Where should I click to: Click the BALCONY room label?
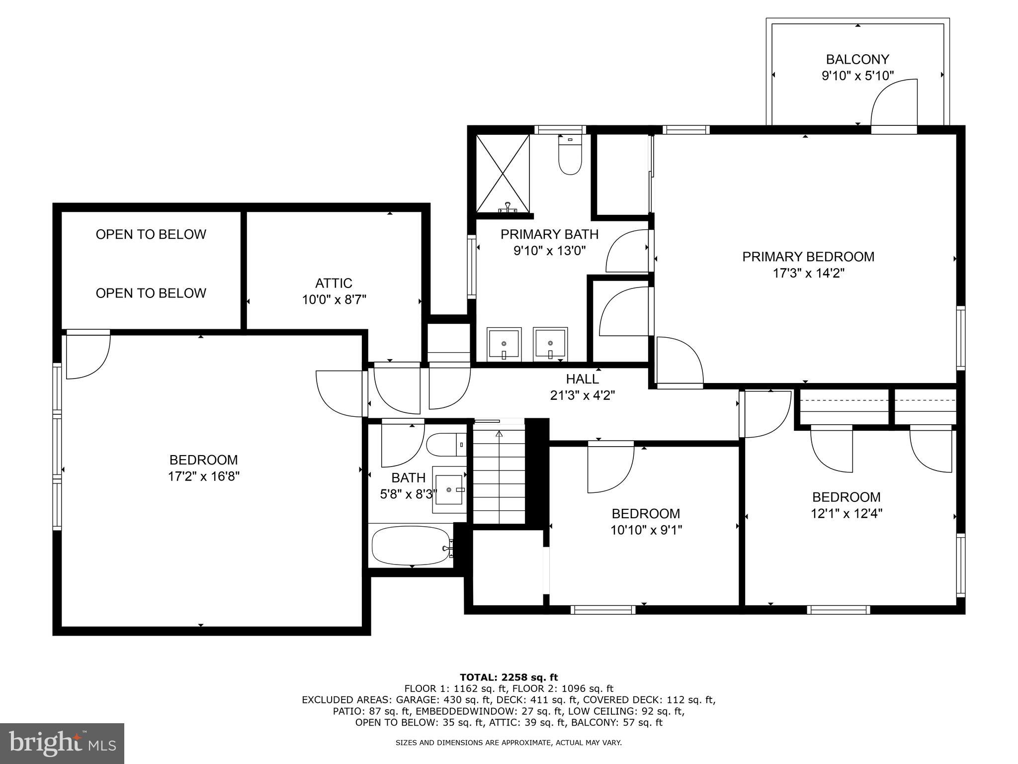point(857,60)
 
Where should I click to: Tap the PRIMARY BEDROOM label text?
point(808,257)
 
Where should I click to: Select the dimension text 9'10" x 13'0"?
point(550,250)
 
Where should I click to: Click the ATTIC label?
point(334,283)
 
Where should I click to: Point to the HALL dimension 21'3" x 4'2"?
point(583,395)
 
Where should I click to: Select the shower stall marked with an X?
point(503,174)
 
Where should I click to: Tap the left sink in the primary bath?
point(504,344)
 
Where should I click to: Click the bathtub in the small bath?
point(412,546)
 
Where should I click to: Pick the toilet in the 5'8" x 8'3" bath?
point(445,445)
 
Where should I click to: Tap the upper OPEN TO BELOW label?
point(151,234)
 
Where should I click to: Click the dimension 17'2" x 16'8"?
point(204,477)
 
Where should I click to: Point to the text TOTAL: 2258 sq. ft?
point(509,677)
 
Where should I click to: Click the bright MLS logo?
point(62,743)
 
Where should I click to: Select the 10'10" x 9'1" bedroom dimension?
point(646,530)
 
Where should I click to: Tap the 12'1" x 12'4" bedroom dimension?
point(846,513)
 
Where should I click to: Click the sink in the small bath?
point(450,489)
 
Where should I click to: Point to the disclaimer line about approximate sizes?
point(509,743)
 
